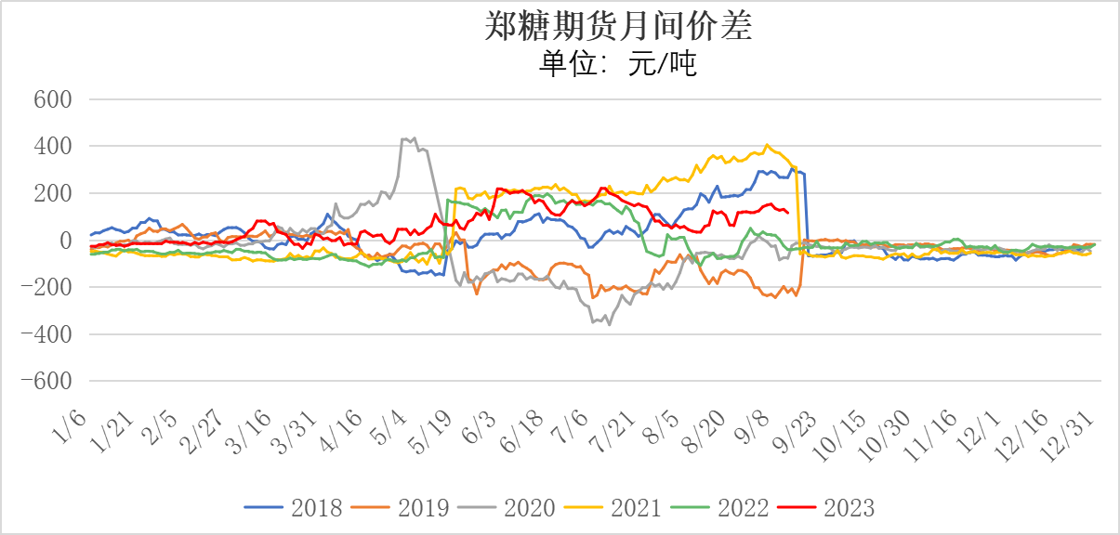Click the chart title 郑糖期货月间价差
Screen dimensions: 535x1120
pos(618,27)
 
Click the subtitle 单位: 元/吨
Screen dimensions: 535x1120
pos(618,64)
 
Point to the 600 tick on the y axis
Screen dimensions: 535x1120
pos(54,99)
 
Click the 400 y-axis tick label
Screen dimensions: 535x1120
pos(54,147)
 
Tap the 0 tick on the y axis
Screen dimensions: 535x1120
pos(65,241)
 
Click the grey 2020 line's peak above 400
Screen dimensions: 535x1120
pos(414,137)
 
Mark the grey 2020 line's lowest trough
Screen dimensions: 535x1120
pos(610,324)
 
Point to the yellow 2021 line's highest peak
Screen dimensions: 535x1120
pos(767,145)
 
